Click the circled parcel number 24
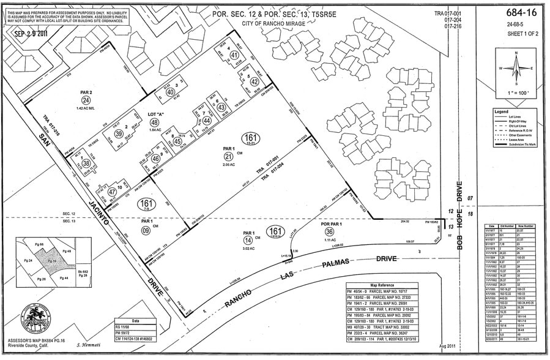[x=86, y=100]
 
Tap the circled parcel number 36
[x=330, y=232]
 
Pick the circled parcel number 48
[x=154, y=122]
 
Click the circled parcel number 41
[x=234, y=55]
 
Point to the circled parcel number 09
[x=146, y=230]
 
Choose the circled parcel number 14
[x=248, y=241]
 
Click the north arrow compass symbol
[x=516, y=69]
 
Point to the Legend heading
[x=502, y=111]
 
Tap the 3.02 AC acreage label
[x=248, y=249]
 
